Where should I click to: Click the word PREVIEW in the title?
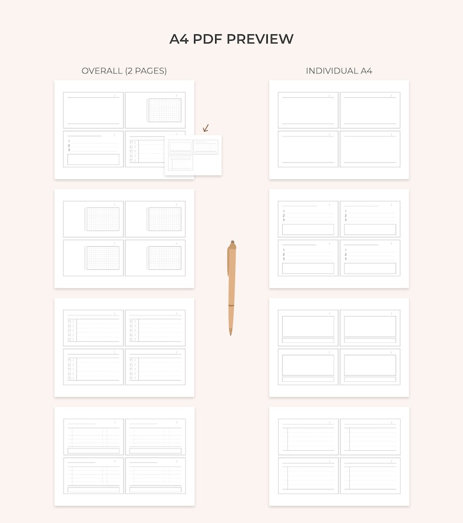260,39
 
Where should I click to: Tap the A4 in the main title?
179,39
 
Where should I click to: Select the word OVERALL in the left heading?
101,71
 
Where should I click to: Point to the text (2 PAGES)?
146,71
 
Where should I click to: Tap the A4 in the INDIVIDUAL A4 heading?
366,71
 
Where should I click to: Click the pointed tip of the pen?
231,334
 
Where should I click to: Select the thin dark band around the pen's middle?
232,306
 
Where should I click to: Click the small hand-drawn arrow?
205,128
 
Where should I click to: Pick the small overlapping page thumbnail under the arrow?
193,155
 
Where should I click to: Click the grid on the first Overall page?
164,110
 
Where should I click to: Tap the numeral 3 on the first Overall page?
69,150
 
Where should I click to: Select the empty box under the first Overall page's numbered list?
93,159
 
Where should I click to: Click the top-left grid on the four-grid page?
103,219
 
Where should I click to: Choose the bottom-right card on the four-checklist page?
155,367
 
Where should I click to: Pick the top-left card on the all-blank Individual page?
308,110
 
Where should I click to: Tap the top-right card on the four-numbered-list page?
370,219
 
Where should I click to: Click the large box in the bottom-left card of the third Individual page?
308,364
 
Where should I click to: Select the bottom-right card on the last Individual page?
370,476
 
